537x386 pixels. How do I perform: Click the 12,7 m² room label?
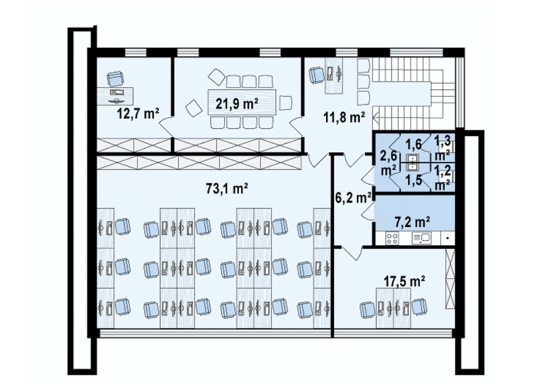[138, 113]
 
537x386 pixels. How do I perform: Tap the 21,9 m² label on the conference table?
[237, 103]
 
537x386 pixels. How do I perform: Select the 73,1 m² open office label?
[227, 188]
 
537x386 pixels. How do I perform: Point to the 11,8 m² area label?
[344, 117]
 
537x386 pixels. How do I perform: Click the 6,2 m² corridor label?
[353, 197]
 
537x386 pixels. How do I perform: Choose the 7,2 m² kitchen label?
[413, 223]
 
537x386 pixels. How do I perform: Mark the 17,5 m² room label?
[404, 281]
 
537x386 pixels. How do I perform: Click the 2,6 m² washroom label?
[389, 163]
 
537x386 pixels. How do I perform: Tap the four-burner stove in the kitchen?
[392, 238]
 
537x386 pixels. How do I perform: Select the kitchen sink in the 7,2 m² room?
[422, 238]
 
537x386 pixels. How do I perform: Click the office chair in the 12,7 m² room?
[115, 79]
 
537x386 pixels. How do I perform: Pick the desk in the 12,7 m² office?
[115, 96]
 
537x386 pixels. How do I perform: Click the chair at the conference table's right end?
[286, 103]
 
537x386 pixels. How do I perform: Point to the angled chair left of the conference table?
[193, 109]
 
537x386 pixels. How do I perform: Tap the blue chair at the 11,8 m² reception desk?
[317, 75]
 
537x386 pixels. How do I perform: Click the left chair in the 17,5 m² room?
[368, 309]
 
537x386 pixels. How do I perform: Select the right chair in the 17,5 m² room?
[420, 306]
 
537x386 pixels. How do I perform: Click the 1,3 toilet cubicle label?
[442, 148]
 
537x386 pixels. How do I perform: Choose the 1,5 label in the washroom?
[414, 180]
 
